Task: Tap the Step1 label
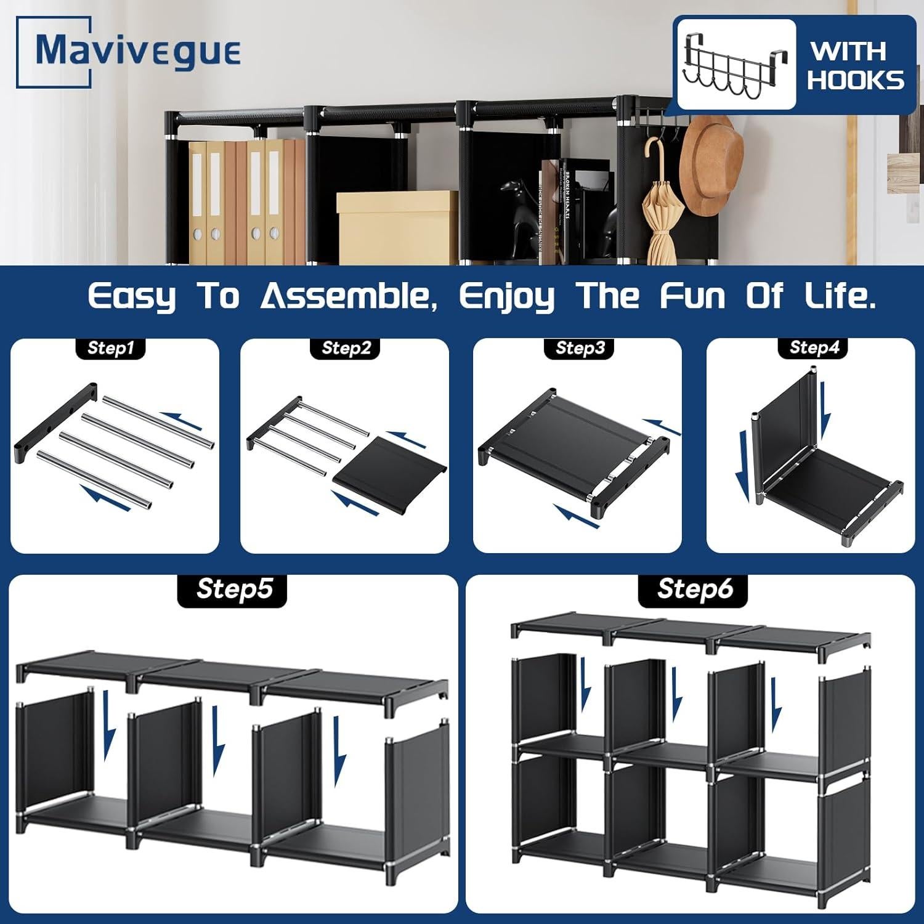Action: coord(111,348)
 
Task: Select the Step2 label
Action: coord(346,348)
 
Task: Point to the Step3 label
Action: coord(580,348)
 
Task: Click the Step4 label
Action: coord(814,348)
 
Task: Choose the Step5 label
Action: coord(233,589)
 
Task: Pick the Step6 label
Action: coord(695,589)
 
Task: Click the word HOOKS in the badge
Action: coord(856,80)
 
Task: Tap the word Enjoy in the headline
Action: coord(506,298)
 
